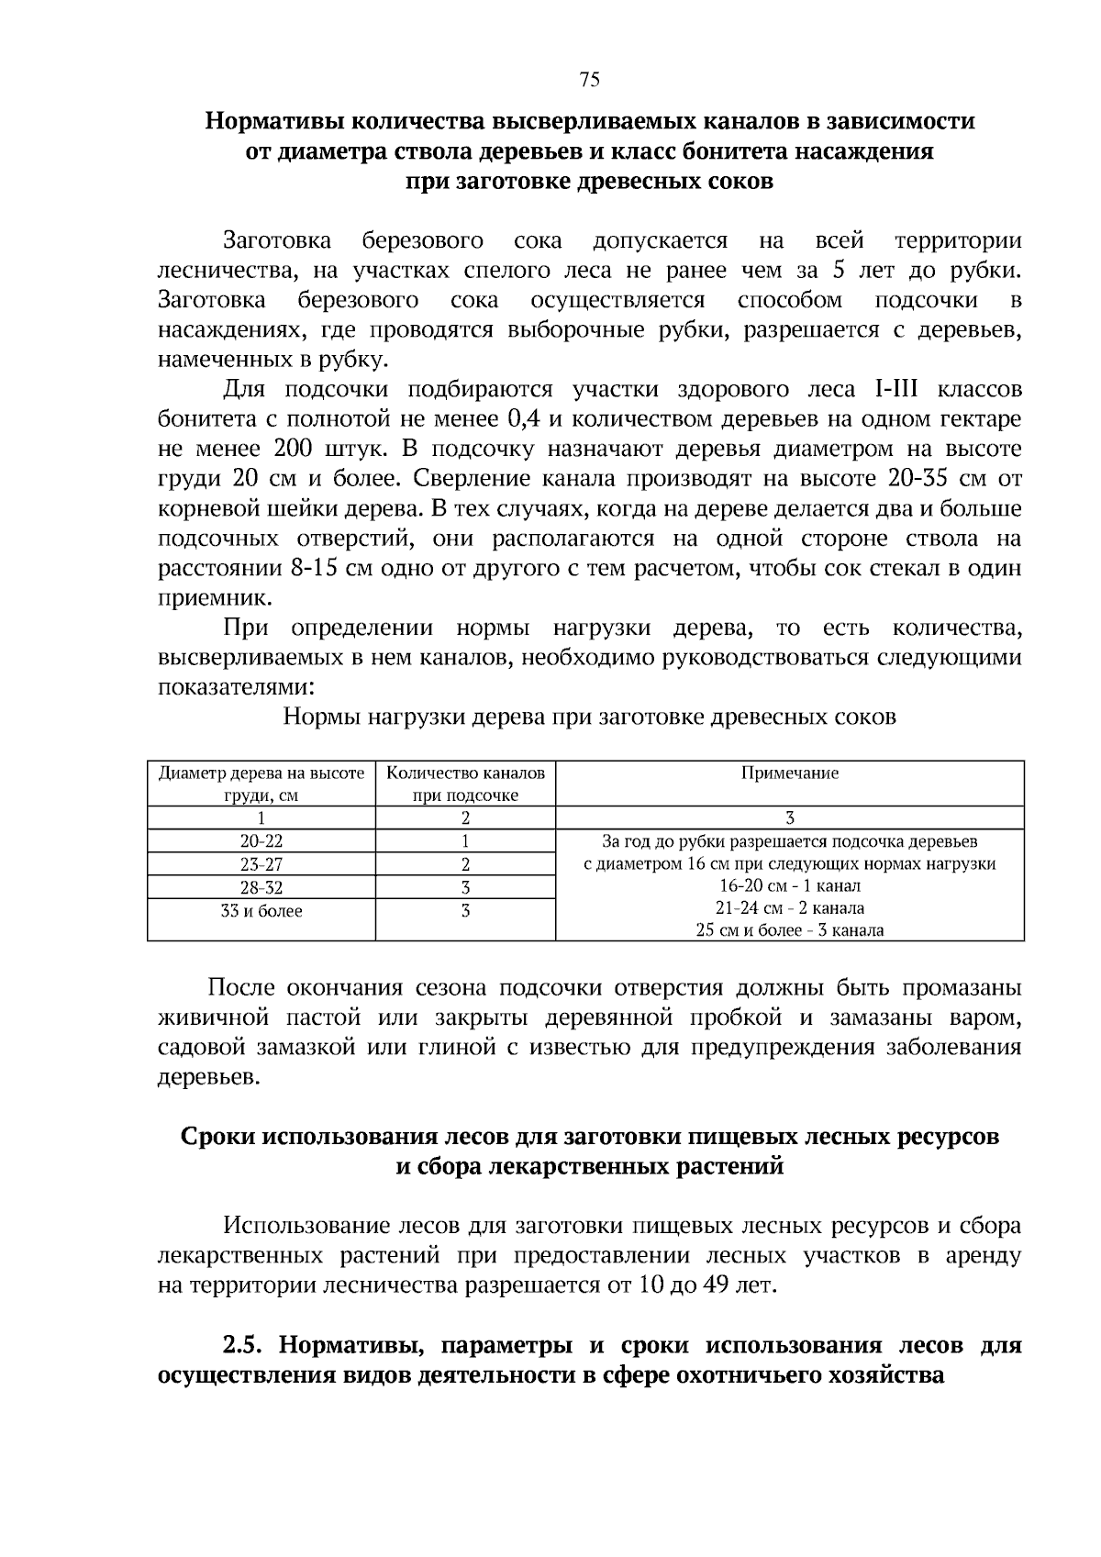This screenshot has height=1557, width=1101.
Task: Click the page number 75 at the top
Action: (590, 80)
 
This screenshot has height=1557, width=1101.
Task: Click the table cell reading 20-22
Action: (261, 840)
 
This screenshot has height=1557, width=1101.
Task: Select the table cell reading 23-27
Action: (261, 864)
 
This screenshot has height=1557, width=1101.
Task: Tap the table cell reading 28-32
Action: (261, 887)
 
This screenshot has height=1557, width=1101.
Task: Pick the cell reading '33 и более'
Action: (261, 911)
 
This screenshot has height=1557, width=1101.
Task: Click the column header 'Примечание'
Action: (789, 773)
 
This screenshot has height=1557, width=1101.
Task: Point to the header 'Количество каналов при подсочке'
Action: (465, 784)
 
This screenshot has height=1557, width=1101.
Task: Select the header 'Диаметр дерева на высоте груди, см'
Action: (261, 784)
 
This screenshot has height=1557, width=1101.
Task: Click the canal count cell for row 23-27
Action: (465, 864)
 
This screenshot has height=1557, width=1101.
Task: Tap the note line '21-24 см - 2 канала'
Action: (789, 908)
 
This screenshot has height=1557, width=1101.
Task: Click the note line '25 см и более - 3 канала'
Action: (789, 930)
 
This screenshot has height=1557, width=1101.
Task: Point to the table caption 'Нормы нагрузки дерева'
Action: (589, 717)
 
